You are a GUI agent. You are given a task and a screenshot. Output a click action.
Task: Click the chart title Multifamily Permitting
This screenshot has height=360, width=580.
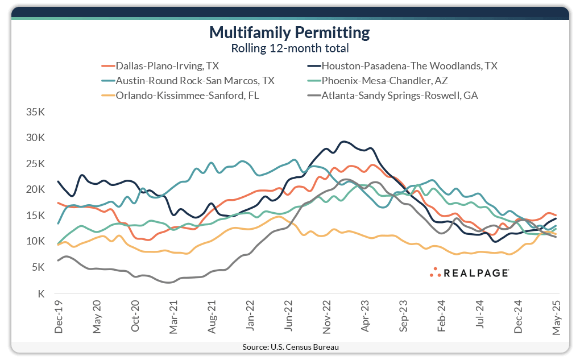(289, 32)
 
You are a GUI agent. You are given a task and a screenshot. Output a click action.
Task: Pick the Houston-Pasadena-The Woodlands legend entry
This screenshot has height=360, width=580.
(409, 65)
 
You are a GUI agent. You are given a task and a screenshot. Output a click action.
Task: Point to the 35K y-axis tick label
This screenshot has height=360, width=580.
(36, 112)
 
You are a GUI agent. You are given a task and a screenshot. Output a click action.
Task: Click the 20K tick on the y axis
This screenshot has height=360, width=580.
(36, 189)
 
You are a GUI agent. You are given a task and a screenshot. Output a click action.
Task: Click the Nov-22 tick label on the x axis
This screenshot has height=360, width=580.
(327, 319)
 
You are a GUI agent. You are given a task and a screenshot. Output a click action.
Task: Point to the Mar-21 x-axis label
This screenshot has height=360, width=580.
(173, 319)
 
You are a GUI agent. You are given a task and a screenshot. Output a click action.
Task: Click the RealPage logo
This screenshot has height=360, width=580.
(469, 272)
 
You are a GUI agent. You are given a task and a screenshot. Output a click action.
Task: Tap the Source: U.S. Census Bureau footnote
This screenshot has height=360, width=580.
(290, 346)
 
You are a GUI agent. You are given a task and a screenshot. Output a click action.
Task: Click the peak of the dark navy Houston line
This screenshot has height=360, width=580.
(343, 142)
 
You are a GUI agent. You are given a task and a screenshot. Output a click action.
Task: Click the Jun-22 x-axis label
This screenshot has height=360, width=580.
(288, 319)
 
